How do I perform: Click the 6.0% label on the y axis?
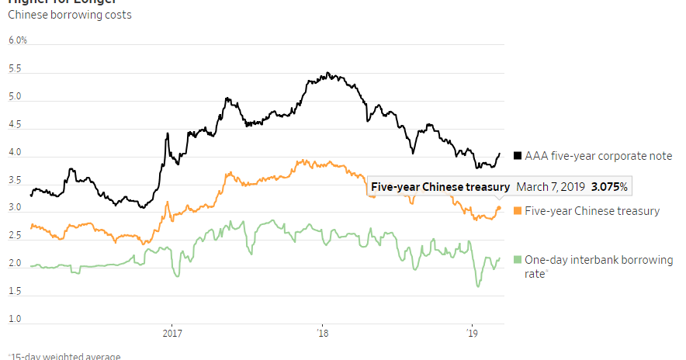click(x=17, y=40)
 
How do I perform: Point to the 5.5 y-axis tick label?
click(x=15, y=69)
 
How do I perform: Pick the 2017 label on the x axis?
click(x=171, y=334)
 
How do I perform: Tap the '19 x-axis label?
click(x=471, y=334)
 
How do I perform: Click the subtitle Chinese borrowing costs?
click(x=69, y=15)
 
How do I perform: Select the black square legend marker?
click(x=518, y=156)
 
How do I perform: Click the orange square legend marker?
click(x=518, y=210)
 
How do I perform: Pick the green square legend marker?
click(x=518, y=260)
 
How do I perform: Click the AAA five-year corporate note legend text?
click(x=598, y=156)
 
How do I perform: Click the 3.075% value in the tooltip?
click(x=609, y=187)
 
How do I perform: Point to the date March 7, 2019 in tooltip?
click(x=550, y=187)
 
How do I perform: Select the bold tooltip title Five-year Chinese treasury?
click(x=440, y=187)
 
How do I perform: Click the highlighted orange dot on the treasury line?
click(x=499, y=208)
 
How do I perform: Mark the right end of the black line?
click(x=499, y=154)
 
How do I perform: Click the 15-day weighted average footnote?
click(x=64, y=356)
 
